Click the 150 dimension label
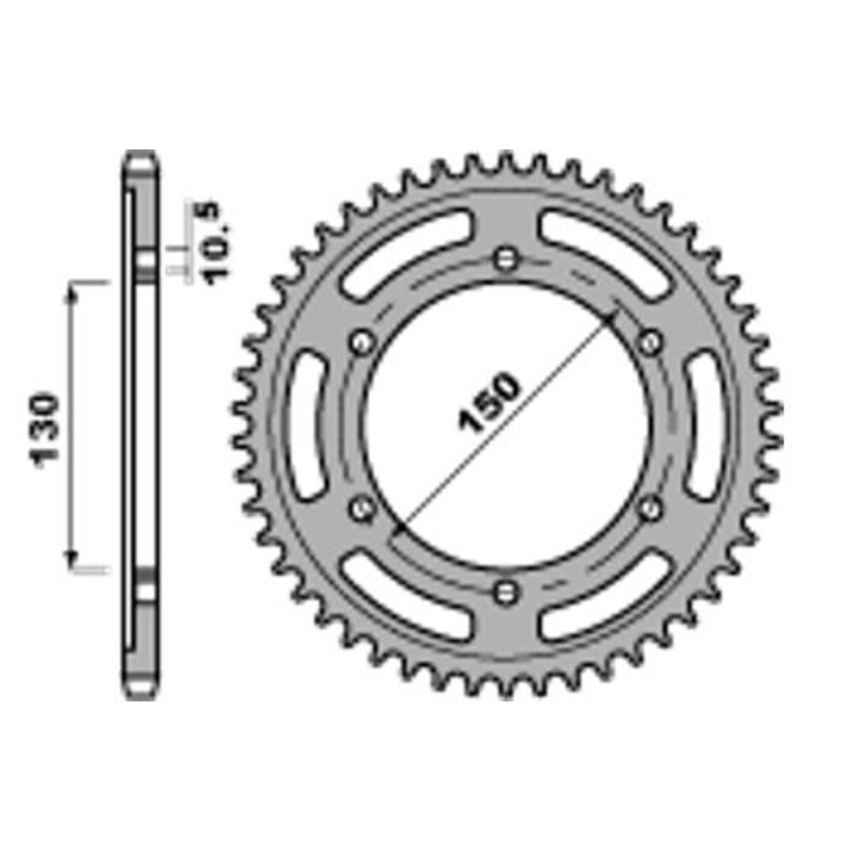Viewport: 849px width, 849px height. point(489,402)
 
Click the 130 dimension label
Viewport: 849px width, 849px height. point(45,431)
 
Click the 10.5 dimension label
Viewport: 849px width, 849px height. point(214,242)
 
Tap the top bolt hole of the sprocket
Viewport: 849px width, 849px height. point(506,258)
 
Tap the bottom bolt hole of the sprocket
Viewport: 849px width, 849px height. point(506,591)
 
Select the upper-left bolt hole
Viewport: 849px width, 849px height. point(362,342)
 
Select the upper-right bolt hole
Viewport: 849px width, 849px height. point(650,342)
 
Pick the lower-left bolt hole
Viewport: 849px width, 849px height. point(362,508)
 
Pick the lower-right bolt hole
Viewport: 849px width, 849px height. point(650,508)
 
